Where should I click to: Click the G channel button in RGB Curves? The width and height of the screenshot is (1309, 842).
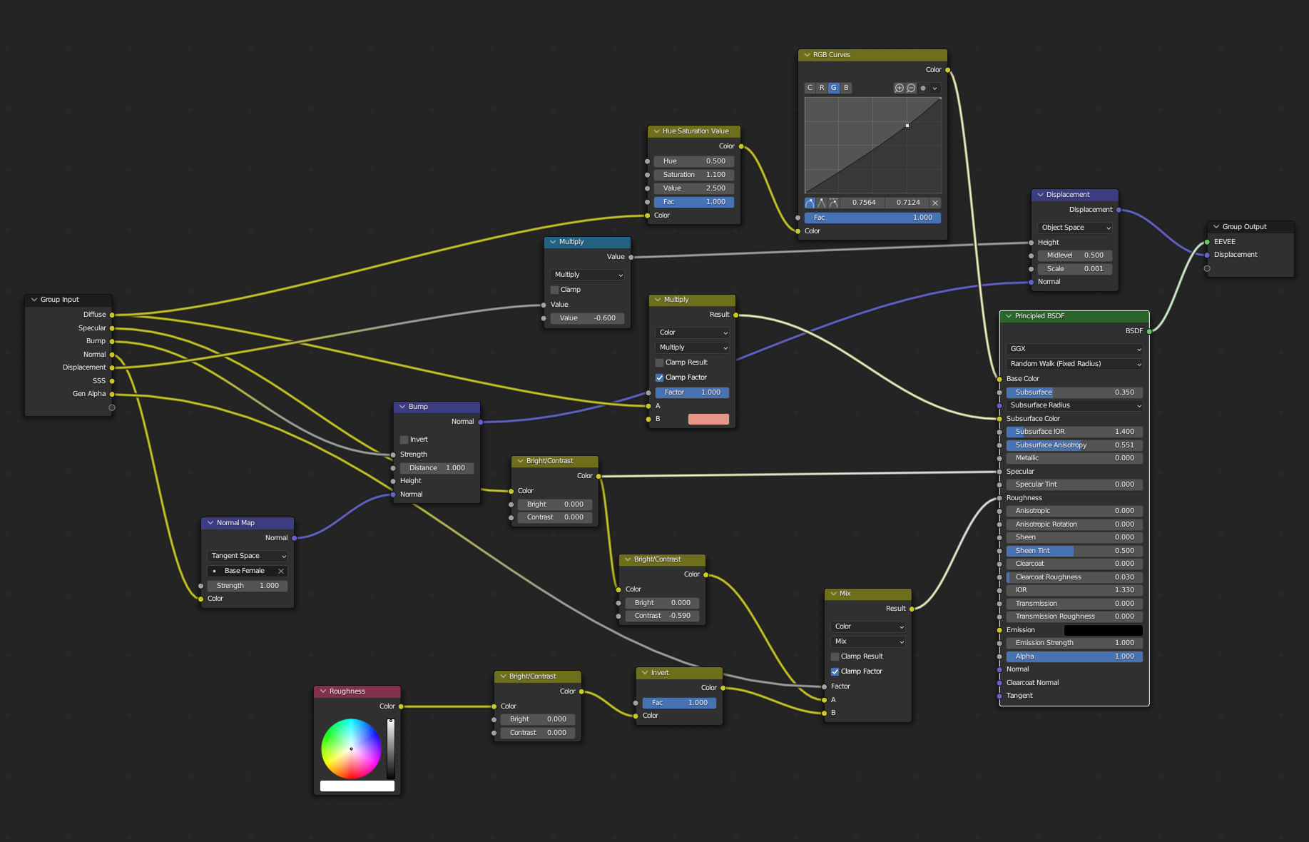tap(834, 88)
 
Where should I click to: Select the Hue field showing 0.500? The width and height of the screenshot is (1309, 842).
tap(693, 161)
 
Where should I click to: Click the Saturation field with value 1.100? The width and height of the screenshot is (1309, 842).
tap(693, 175)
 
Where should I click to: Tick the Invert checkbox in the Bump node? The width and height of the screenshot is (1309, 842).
tap(404, 440)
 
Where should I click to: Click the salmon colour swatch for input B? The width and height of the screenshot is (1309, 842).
tap(708, 420)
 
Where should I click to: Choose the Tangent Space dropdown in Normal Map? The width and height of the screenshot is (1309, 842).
tap(248, 556)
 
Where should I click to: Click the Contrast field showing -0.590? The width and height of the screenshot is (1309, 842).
tap(662, 616)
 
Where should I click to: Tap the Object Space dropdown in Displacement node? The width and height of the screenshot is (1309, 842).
tap(1075, 228)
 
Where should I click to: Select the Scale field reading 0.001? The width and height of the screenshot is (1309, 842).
tap(1075, 269)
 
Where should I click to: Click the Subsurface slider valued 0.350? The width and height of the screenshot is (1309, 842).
tap(1074, 392)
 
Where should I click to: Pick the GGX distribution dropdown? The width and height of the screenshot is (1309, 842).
tap(1074, 349)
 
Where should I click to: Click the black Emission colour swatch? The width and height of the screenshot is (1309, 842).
tap(1103, 630)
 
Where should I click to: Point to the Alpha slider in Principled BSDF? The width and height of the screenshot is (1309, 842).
tap(1074, 656)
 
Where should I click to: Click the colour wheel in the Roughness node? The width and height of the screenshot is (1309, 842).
tap(351, 749)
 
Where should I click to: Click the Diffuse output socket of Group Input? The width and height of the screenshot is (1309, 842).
tap(112, 315)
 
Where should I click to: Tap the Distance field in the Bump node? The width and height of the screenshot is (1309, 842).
tap(437, 468)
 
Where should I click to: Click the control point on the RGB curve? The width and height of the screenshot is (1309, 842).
tap(907, 126)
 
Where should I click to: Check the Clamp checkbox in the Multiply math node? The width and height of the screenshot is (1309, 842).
tap(555, 290)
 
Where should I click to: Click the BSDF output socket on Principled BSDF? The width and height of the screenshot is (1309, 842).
tap(1149, 331)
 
